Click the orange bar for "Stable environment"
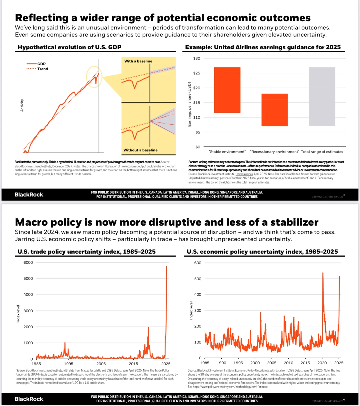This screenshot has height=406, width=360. point(227,90)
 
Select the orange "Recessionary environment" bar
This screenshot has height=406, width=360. point(274,110)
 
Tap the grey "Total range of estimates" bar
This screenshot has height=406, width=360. point(322,97)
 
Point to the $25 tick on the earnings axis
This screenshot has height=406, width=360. point(197,73)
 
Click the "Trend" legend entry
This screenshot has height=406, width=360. point(42,69)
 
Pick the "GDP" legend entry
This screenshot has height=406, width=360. point(41,64)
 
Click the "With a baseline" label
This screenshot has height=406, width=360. point(138,61)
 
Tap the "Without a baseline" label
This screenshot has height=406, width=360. point(140,150)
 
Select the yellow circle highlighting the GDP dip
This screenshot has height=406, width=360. point(94,77)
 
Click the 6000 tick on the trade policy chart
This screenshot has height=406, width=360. point(28,263)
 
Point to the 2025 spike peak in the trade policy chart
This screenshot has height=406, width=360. point(167,267)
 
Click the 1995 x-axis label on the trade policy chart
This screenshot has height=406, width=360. point(69,364)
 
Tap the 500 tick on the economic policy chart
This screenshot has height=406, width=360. point(198,279)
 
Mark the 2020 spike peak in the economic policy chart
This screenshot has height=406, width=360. point(323,273)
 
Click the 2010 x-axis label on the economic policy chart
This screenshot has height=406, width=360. point(288,363)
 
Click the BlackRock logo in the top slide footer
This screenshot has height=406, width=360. point(29,195)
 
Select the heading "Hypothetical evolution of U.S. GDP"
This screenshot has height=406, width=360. point(69,47)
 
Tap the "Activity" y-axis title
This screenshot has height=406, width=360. point(22,105)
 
